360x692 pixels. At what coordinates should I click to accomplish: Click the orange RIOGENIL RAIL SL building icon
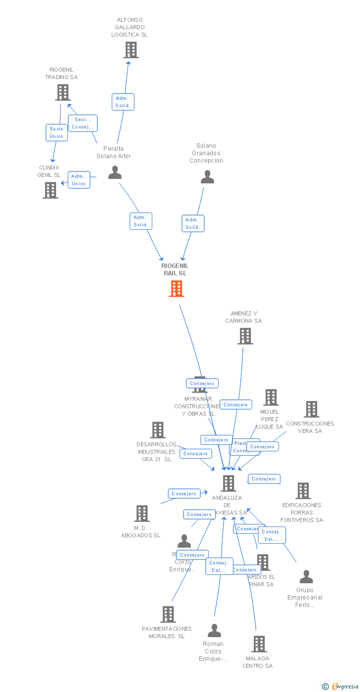point(177,289)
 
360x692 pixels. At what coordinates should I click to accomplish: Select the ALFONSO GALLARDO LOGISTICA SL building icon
point(131,50)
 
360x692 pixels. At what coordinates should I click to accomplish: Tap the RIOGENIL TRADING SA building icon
point(63,92)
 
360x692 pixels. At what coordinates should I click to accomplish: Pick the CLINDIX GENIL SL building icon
point(50,190)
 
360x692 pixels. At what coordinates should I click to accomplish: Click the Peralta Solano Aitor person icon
point(115,173)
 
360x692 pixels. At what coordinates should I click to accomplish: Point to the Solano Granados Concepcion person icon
point(207,177)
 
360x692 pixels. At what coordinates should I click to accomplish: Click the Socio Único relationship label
point(56,132)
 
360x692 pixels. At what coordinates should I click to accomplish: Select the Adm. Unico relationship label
point(79,180)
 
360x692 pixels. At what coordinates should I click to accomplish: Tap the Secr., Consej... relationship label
point(83,123)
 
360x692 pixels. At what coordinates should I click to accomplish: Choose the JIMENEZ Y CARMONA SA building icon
point(245,336)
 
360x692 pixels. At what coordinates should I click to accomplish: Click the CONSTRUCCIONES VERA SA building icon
point(312,409)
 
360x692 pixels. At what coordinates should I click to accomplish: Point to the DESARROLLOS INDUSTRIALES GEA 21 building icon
point(158,430)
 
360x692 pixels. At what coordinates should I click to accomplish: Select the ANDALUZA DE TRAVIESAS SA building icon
point(228,483)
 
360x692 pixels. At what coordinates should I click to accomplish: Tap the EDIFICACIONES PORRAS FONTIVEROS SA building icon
point(303,491)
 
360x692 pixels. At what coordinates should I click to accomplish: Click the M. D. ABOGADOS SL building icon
point(142,514)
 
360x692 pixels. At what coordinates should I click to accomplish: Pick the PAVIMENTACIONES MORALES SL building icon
point(168,614)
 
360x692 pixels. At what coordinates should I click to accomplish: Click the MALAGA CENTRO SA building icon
point(259,644)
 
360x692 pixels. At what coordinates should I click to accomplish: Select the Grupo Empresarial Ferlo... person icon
point(306,577)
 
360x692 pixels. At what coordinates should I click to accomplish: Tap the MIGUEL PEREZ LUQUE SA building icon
point(271,397)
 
